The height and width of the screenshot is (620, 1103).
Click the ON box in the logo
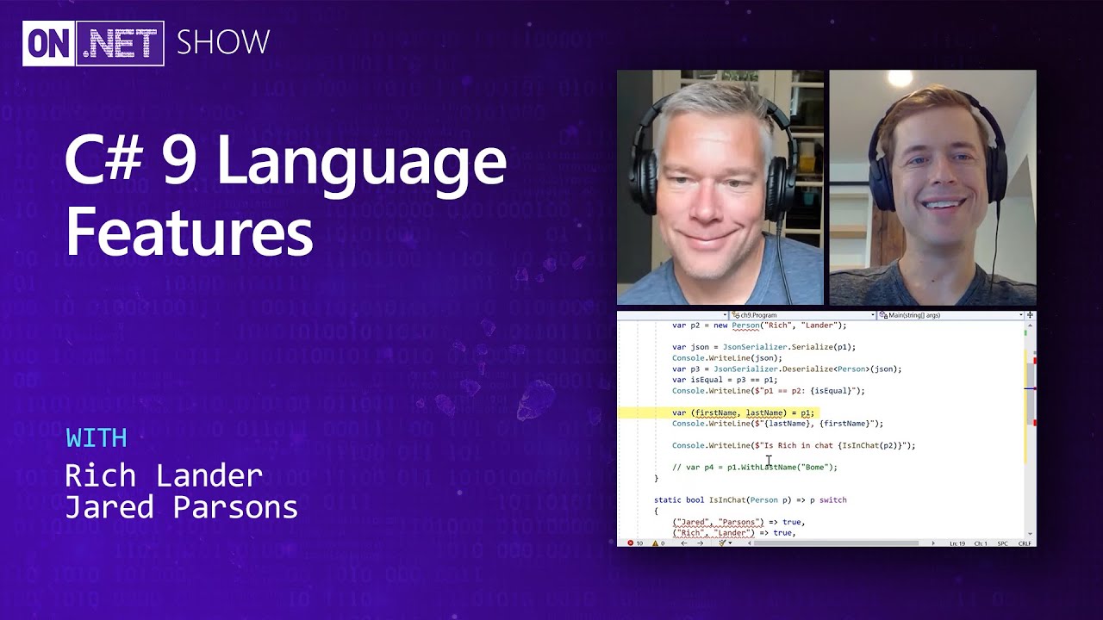48,43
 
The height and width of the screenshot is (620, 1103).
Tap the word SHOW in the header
223,42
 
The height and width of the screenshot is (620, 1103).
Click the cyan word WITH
97,438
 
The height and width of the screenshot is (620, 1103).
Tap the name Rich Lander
164,475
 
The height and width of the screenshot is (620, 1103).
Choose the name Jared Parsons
181,507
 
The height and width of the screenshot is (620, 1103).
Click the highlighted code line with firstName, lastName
743,412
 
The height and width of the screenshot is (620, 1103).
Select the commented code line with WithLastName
754,467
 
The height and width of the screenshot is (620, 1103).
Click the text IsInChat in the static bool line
726,499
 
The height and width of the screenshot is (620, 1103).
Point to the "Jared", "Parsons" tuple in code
718,522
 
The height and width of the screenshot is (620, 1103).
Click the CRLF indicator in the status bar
1025,543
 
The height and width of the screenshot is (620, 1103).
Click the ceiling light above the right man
900,79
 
